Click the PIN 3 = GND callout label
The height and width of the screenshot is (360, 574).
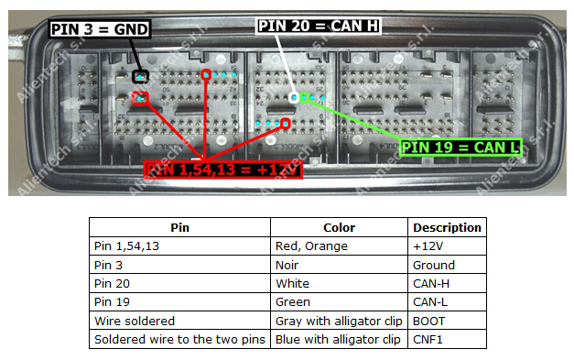(99, 29)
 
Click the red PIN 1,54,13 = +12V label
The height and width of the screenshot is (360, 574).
(223, 169)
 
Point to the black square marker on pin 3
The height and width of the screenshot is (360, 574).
(140, 76)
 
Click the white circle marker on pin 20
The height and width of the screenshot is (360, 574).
(295, 96)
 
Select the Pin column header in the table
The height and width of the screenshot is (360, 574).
(180, 228)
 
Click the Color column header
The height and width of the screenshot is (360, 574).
(340, 228)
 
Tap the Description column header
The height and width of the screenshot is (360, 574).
(447, 228)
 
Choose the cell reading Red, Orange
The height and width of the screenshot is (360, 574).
(308, 246)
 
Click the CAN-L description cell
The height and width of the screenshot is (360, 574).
(430, 302)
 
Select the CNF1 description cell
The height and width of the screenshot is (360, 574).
(428, 340)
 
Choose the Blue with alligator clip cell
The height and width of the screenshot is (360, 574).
(338, 340)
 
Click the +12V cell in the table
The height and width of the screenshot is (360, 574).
(427, 246)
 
